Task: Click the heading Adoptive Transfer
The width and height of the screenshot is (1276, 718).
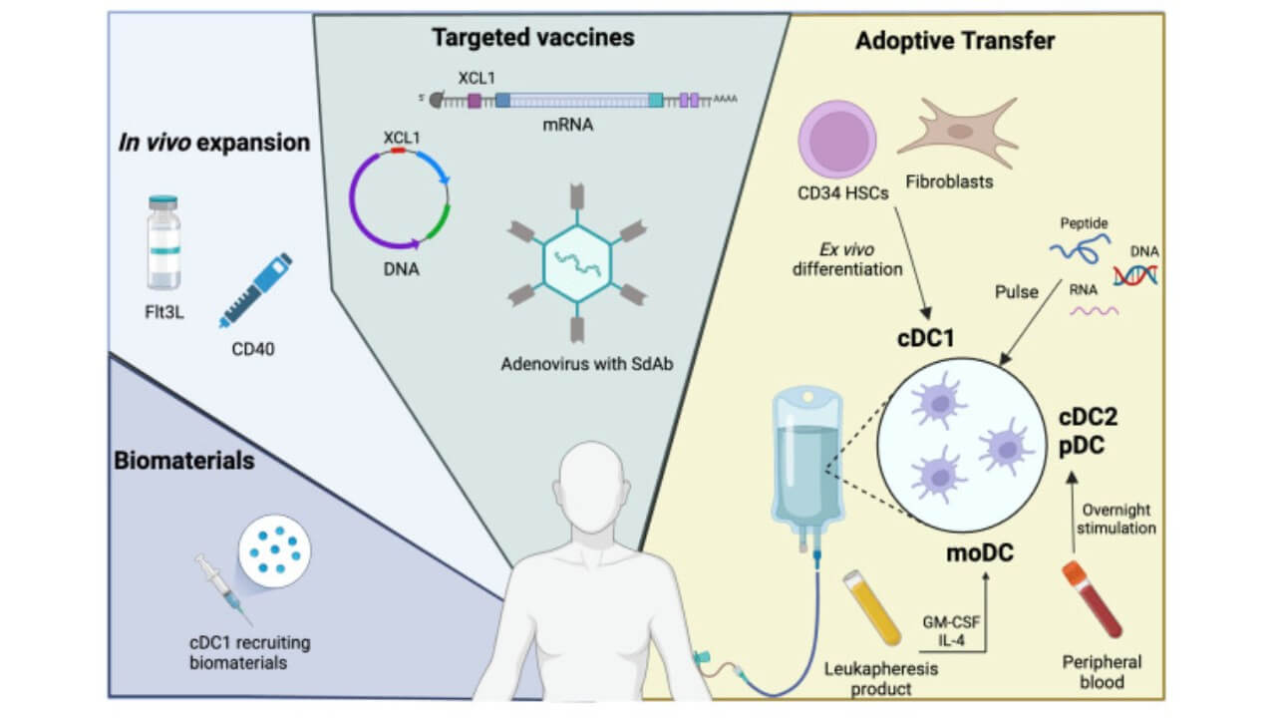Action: click(954, 42)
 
